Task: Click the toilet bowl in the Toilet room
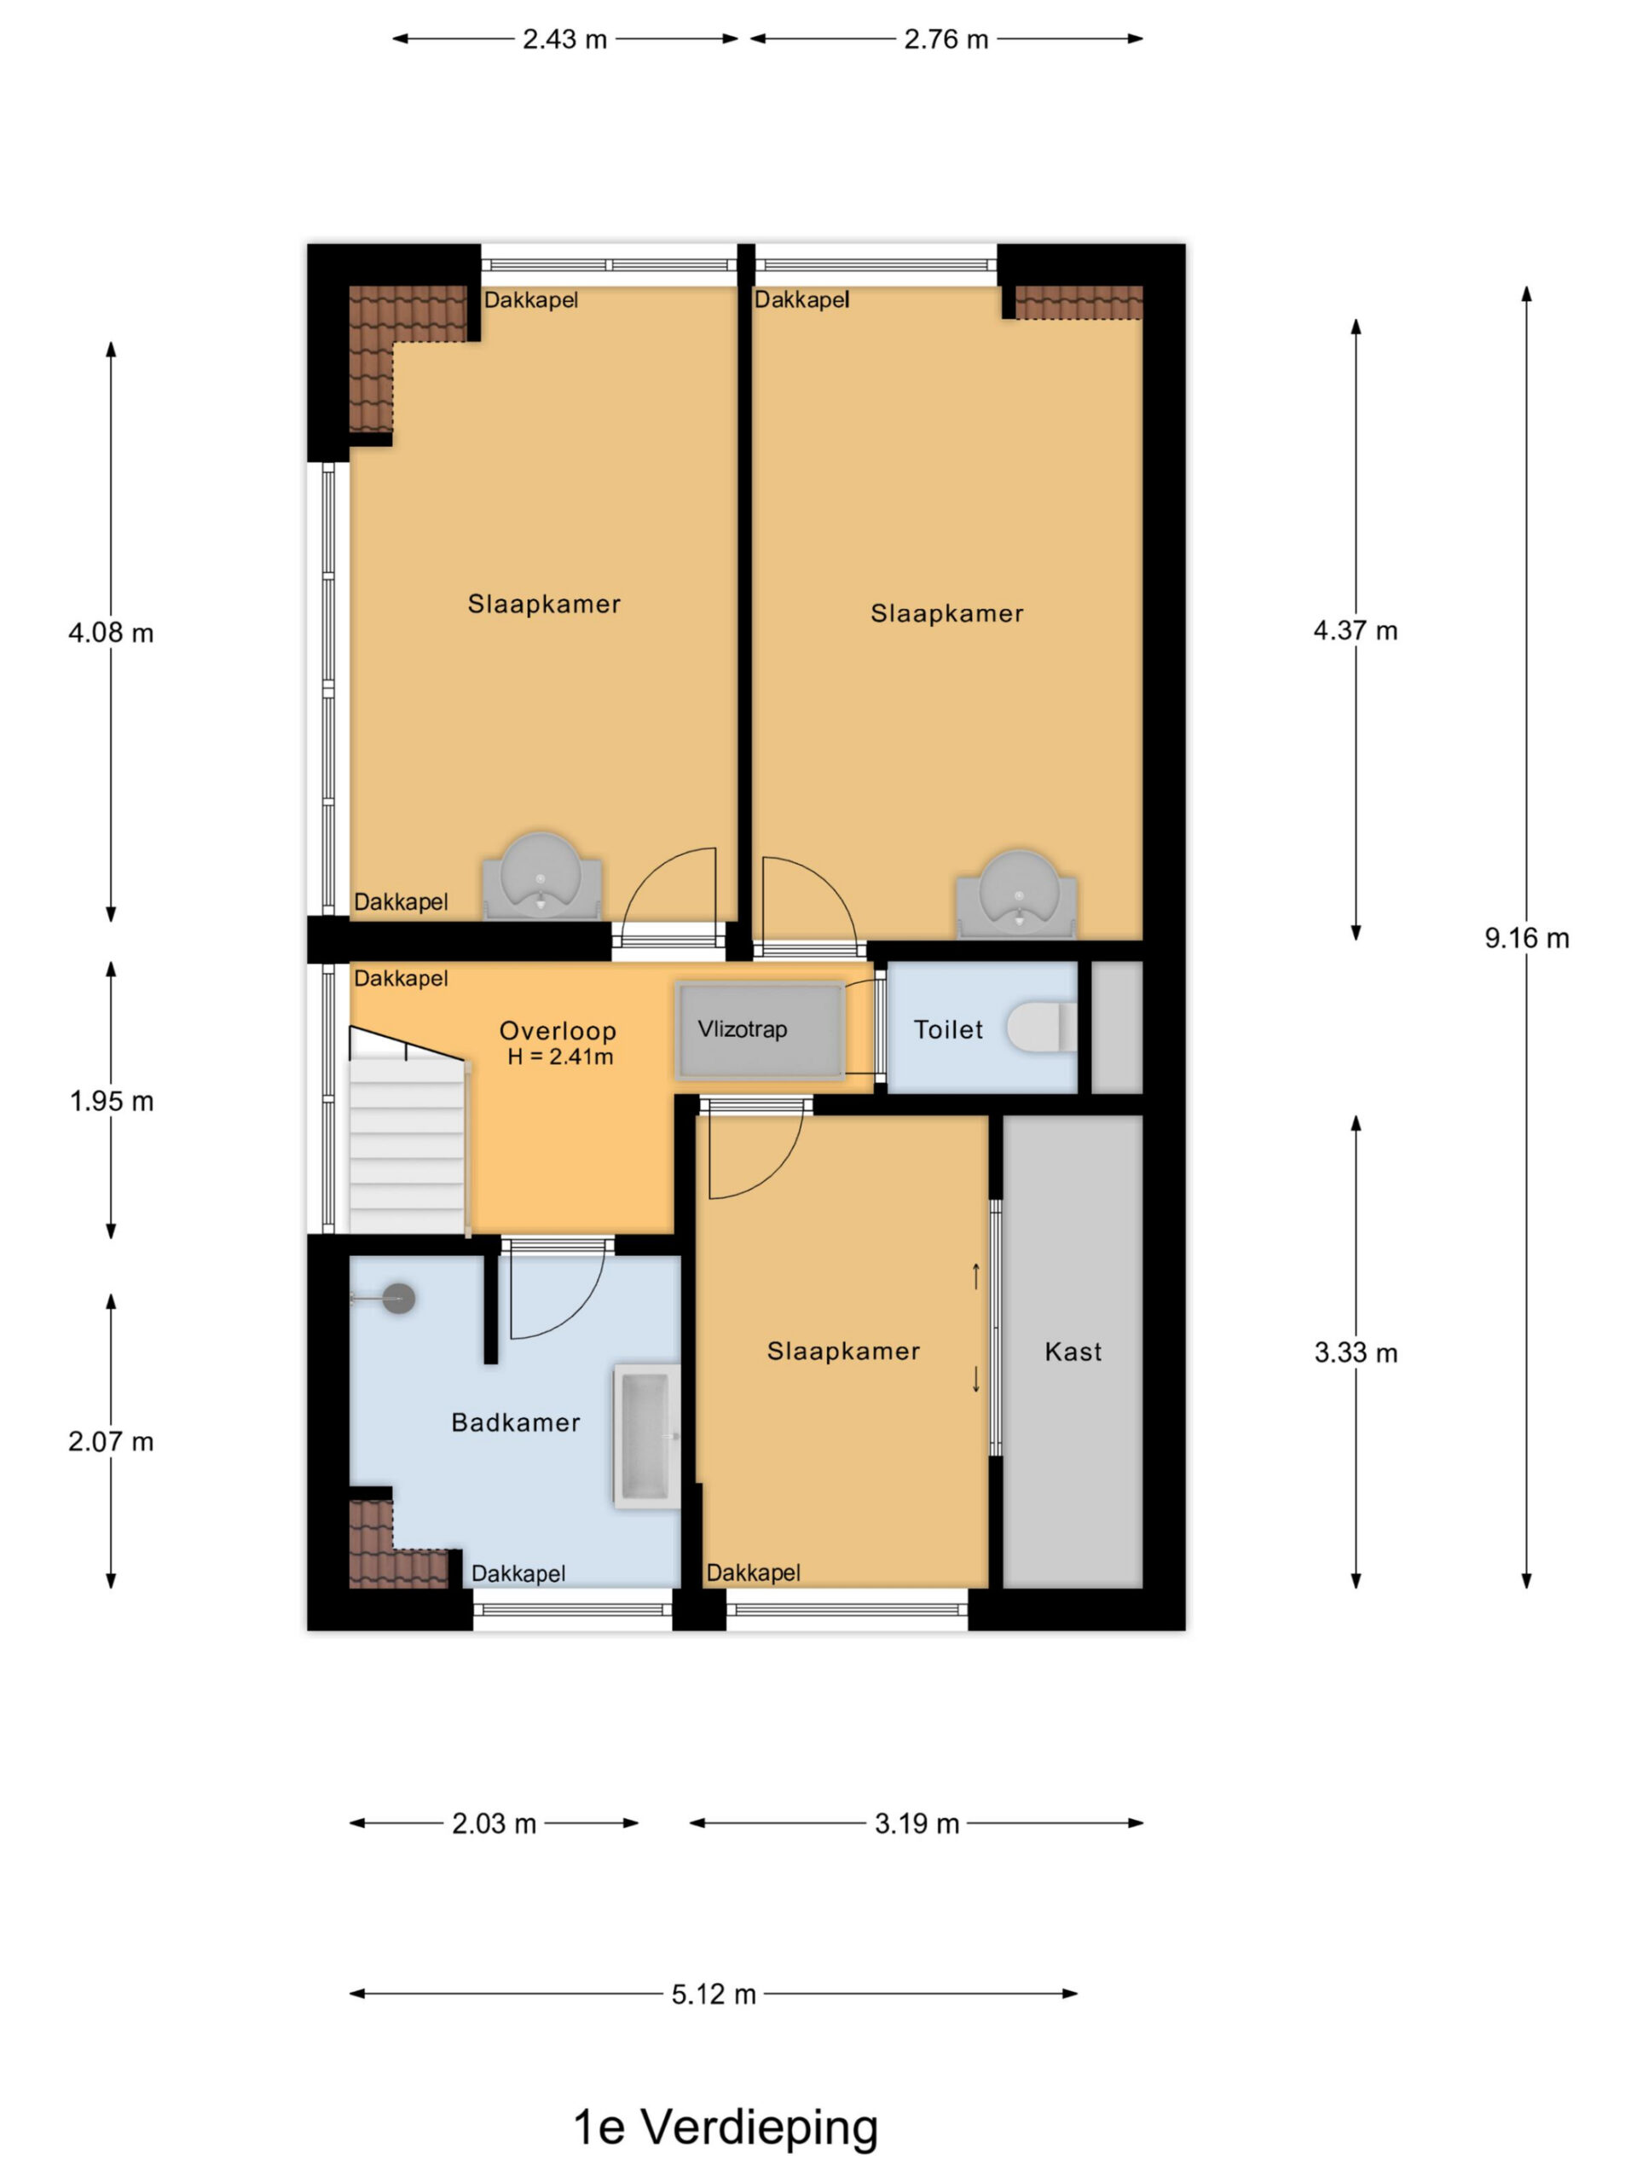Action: [x=1041, y=1028]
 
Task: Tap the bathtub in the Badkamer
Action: [x=647, y=1437]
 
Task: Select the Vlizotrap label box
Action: [x=760, y=1030]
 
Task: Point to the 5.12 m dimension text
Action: [x=714, y=1995]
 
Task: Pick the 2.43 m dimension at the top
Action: [x=564, y=39]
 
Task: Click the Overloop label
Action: [x=558, y=1030]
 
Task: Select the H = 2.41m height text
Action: [x=560, y=1057]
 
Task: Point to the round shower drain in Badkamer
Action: [x=399, y=1299]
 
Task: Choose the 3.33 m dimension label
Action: [x=1356, y=1352]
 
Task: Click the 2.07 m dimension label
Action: [x=111, y=1442]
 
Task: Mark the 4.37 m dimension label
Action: [x=1355, y=631]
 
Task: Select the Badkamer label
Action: [x=515, y=1422]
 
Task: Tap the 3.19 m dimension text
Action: [x=917, y=1824]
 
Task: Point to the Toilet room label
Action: [x=948, y=1029]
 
